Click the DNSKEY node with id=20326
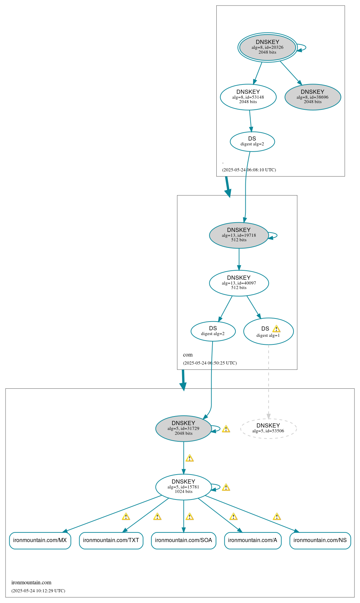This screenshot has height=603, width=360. point(267,47)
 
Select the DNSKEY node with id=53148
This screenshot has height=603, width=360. point(248,97)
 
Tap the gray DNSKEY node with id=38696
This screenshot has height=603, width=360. point(313,97)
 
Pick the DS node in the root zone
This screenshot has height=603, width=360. point(252,141)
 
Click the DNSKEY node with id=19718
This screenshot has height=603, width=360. point(239,235)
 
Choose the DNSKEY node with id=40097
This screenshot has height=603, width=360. point(239,283)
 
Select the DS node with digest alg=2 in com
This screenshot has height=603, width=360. point(213,331)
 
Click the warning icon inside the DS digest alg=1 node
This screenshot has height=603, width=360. point(276,328)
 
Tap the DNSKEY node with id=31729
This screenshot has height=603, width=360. point(183,428)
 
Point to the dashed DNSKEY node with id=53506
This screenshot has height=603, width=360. point(268,428)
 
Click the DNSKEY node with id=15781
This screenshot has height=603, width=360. point(183,487)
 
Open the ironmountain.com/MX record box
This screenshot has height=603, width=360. point(40,540)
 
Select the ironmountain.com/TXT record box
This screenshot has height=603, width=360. point(111,540)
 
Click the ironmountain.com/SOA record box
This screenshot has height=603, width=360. point(183,540)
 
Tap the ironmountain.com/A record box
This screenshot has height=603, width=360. point(253,540)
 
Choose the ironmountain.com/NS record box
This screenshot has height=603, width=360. point(320,540)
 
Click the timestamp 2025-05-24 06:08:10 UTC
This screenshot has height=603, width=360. point(249,170)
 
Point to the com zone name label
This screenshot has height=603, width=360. point(188,355)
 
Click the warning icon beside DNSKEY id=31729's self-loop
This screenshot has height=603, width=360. point(226,429)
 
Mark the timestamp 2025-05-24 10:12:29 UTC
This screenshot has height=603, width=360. point(38,591)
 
